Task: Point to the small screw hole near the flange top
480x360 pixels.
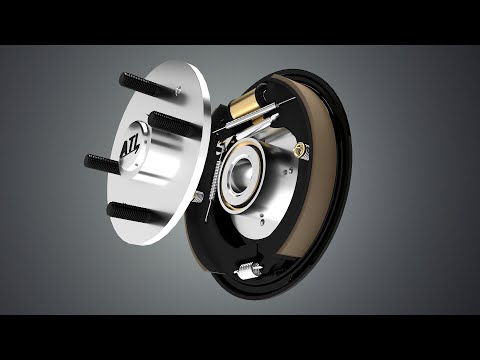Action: (177, 91)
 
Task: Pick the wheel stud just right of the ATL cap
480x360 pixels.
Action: (176, 126)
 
